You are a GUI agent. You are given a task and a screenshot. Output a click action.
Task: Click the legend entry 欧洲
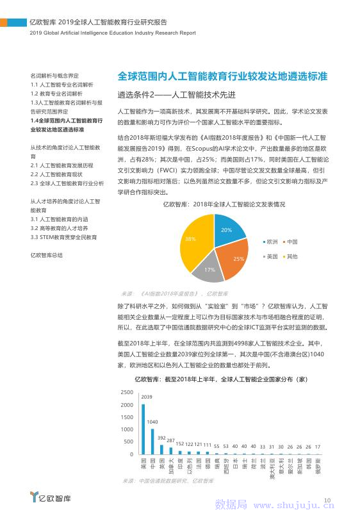point(272,242)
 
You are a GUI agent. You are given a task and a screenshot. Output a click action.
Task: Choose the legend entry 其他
point(292,256)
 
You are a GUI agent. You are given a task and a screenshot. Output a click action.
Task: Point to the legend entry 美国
point(272,256)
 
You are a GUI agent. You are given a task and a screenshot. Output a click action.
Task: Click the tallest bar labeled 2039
point(143,429)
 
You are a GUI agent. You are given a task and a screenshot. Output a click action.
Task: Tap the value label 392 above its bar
point(161,431)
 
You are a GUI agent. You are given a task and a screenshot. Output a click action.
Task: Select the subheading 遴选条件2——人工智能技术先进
point(177,95)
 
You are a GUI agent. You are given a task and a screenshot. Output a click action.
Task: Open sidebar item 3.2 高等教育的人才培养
point(60,228)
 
